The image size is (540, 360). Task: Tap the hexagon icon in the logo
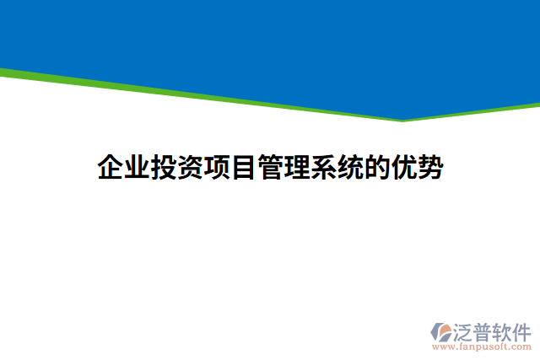click(441, 331)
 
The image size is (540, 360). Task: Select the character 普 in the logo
click(483, 330)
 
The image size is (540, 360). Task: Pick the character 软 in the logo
click(503, 330)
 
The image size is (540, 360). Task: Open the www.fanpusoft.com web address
click(482, 346)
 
